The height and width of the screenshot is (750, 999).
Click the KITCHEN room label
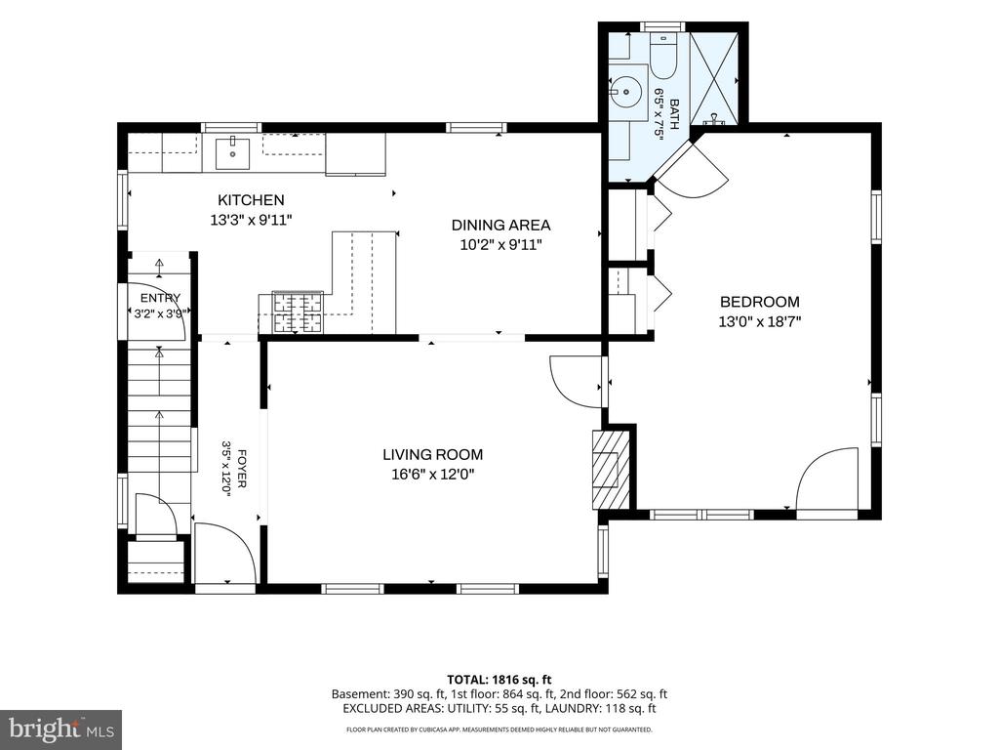point(251,199)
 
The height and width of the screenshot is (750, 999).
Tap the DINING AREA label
point(500,226)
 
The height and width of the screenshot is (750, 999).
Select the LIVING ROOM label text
point(432,455)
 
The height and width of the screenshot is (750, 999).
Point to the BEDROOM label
point(759,302)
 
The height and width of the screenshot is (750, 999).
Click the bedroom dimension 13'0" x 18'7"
point(759,321)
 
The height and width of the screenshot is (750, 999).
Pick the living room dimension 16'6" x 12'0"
point(433,475)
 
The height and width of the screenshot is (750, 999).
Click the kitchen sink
point(232,153)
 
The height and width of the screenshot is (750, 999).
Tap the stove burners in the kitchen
point(298,312)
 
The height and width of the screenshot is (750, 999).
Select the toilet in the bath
point(662,57)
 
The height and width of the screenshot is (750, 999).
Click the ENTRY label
point(161,298)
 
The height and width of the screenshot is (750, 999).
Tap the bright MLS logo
point(61,728)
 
